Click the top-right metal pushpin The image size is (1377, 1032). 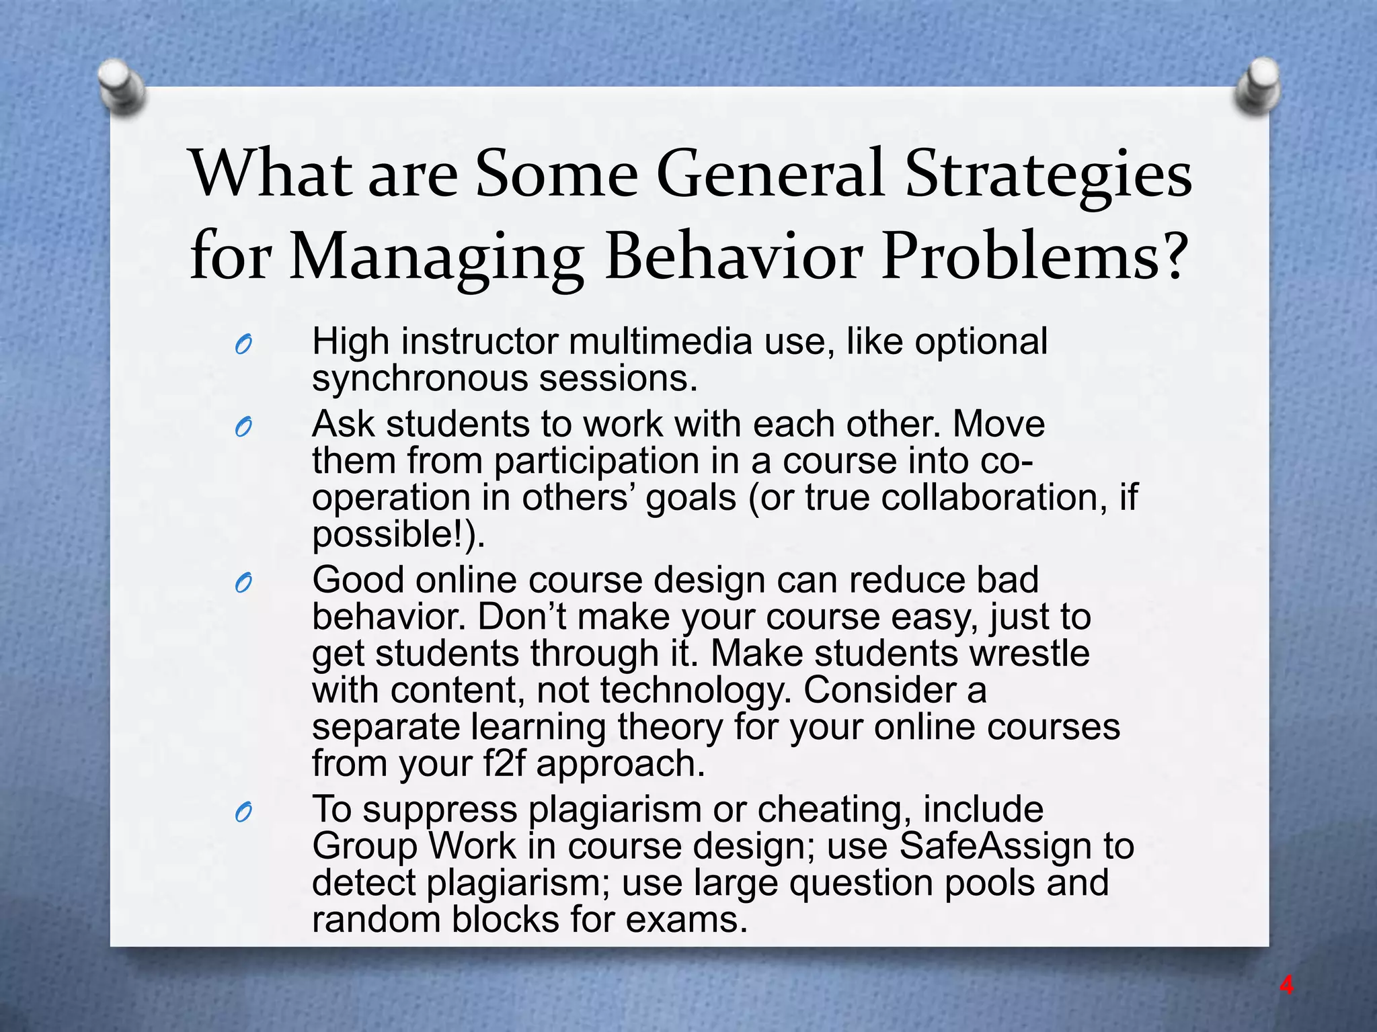[1258, 86]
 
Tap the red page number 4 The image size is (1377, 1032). [1286, 986]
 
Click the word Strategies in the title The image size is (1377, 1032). [1048, 175]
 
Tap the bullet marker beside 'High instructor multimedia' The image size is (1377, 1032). [243, 345]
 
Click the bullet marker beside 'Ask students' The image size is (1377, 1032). [243, 427]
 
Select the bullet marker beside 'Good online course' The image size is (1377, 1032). [243, 584]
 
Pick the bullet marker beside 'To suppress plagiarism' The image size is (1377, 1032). [243, 813]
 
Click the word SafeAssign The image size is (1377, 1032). [994, 846]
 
